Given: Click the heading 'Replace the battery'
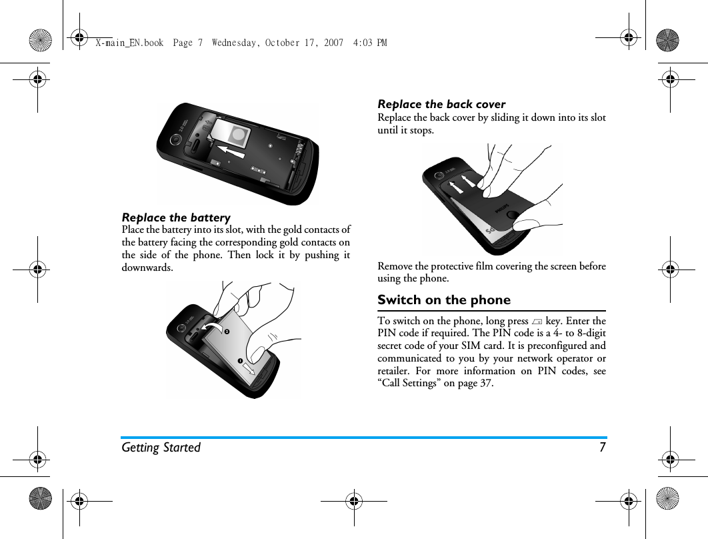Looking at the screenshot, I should (x=176, y=217).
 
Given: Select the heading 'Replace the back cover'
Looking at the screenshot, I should (x=441, y=104).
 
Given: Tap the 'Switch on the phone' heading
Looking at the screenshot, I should (x=444, y=300).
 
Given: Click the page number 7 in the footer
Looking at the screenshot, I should (x=602, y=448).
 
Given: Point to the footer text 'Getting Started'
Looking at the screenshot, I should (x=161, y=448).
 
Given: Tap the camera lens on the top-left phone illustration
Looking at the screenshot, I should (x=176, y=140).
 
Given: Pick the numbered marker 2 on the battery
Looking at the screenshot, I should (x=226, y=332).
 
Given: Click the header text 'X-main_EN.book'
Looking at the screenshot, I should (x=129, y=43).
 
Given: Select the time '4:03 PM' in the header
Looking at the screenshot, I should (x=371, y=43).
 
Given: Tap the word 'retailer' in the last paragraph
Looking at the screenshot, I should (x=395, y=370).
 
